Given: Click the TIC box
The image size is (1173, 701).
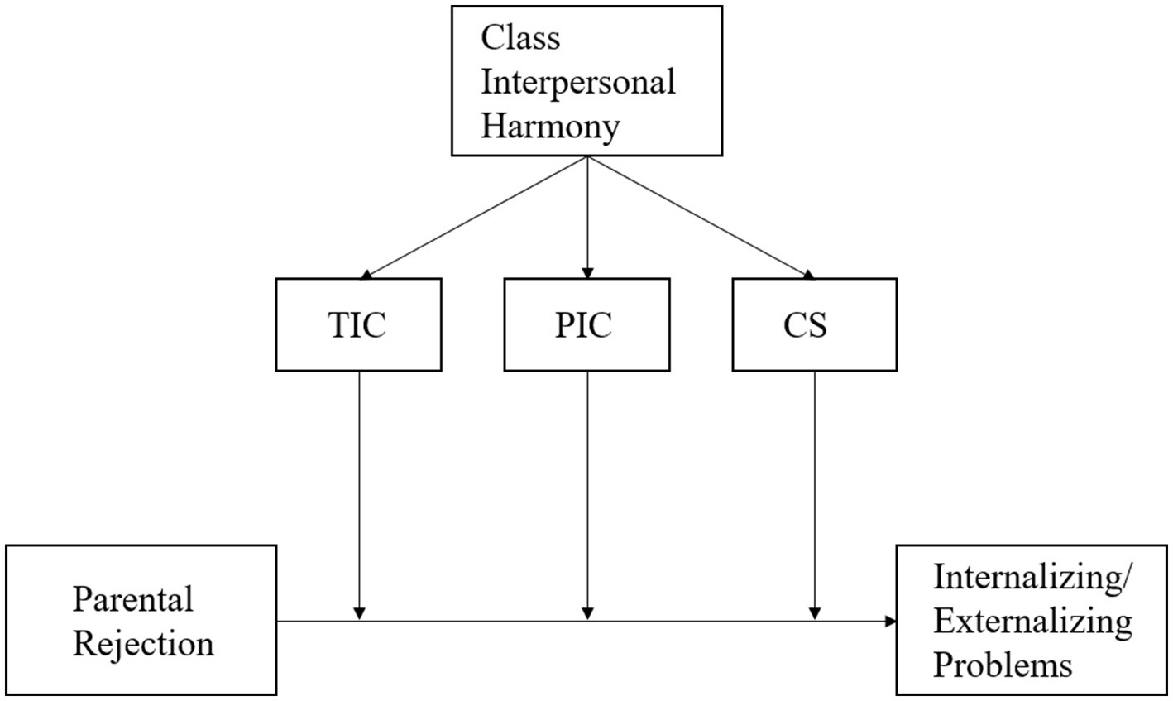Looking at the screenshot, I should (x=358, y=324).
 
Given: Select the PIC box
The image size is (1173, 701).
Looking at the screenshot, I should (x=586, y=324).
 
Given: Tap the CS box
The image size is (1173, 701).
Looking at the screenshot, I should (x=814, y=324).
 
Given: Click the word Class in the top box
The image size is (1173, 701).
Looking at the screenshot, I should (x=521, y=37).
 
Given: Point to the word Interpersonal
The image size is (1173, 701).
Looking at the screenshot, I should (x=578, y=82).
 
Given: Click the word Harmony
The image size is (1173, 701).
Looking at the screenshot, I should (x=551, y=127).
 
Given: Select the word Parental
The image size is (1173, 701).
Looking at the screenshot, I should (x=132, y=598).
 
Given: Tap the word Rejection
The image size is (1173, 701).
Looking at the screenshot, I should (x=143, y=643).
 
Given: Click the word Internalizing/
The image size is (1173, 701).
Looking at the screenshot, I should (x=1031, y=577).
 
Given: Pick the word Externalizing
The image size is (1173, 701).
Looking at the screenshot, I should (x=1032, y=621).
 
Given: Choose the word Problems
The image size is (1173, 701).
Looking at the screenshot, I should (x=1003, y=665).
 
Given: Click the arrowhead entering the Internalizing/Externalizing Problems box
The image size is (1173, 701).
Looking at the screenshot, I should (x=890, y=621).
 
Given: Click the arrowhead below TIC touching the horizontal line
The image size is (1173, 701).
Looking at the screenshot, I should (x=359, y=613).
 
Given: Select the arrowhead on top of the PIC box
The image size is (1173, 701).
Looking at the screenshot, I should (x=587, y=272).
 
